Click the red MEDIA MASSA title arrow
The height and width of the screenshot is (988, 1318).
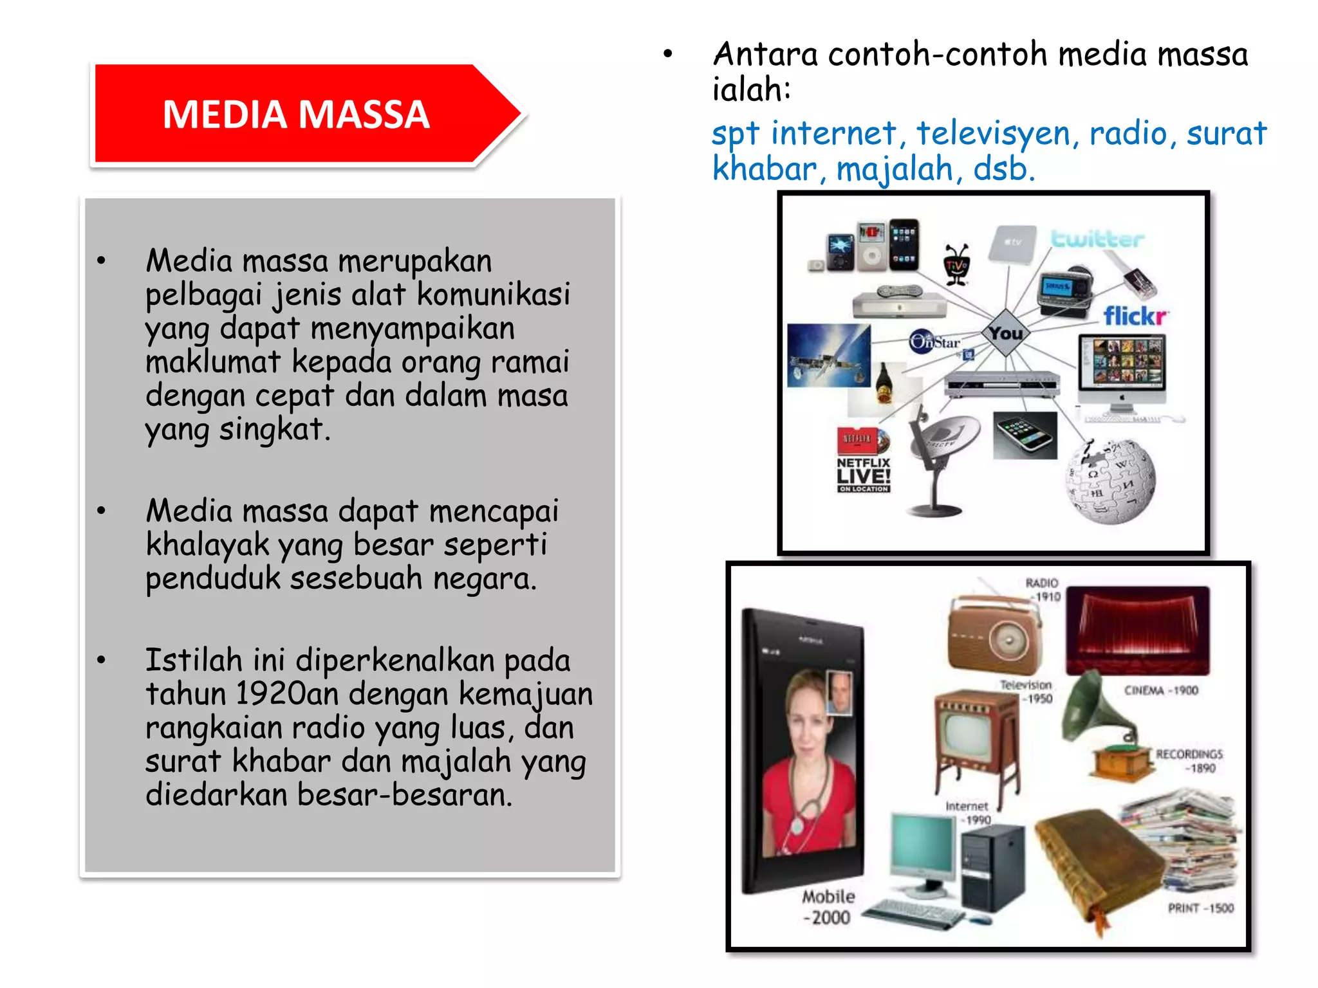[x=296, y=114]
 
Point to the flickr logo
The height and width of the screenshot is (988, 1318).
[x=1135, y=316]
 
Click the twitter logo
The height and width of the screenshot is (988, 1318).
[x=1097, y=239]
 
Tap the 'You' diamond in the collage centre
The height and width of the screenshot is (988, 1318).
[x=1006, y=333]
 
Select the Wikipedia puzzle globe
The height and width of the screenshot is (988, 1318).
[x=1111, y=480]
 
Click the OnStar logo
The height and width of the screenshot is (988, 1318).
[x=934, y=341]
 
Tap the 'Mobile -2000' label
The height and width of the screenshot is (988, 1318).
[x=828, y=906]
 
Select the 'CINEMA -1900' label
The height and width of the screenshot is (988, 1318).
[x=1160, y=690]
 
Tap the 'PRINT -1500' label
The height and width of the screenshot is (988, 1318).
[x=1200, y=908]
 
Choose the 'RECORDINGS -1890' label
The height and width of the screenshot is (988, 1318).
[x=1189, y=760]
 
